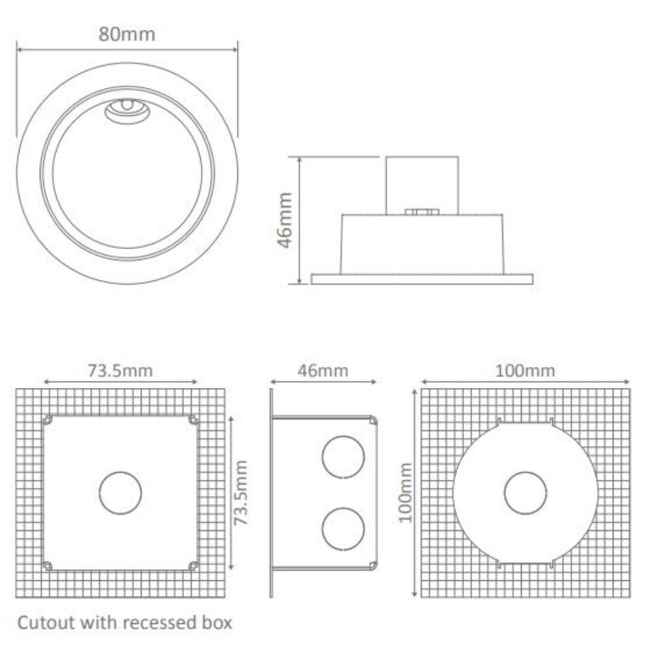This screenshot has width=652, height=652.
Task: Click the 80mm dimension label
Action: [x=127, y=34]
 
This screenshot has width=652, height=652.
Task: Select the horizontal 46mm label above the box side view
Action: [x=323, y=371]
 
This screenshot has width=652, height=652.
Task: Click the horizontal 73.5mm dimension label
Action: [x=120, y=371]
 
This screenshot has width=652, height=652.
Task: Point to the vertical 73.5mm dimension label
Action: [x=242, y=492]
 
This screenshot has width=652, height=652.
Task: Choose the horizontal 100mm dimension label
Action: [x=525, y=371]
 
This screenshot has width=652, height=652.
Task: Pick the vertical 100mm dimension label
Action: [x=407, y=492]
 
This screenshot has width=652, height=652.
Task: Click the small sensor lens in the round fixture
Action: [x=128, y=108]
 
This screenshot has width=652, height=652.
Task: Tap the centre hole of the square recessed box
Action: [x=121, y=492]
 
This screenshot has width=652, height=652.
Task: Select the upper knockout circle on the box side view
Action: [x=343, y=457]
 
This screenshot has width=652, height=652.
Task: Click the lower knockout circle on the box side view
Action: [x=343, y=528]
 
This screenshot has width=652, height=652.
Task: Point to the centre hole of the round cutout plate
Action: [x=525, y=492]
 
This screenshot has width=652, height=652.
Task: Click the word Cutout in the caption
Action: [x=46, y=623]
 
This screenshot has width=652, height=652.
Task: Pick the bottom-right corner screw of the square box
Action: [x=193, y=565]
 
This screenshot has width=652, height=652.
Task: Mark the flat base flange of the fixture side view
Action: [x=421, y=279]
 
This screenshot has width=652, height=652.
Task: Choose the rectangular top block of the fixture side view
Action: [x=422, y=183]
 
